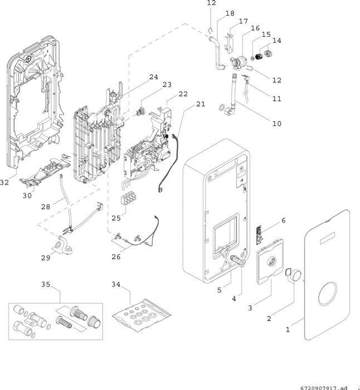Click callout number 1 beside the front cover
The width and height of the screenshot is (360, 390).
(x=288, y=329)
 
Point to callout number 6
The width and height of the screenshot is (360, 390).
(x=283, y=221)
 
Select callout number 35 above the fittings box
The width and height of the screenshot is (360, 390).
(x=46, y=285)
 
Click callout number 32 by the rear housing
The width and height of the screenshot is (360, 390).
(x=4, y=182)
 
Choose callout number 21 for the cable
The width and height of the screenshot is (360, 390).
(x=201, y=104)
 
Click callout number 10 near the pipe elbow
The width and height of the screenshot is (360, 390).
(x=276, y=123)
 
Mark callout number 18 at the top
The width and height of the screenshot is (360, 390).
(x=230, y=13)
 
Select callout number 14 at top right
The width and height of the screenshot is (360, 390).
(x=276, y=41)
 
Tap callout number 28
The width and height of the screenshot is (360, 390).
(x=46, y=207)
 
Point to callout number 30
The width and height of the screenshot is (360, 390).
(x=27, y=196)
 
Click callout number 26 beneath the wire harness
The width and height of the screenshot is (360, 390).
(x=115, y=257)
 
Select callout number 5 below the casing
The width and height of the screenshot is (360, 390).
(x=219, y=290)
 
